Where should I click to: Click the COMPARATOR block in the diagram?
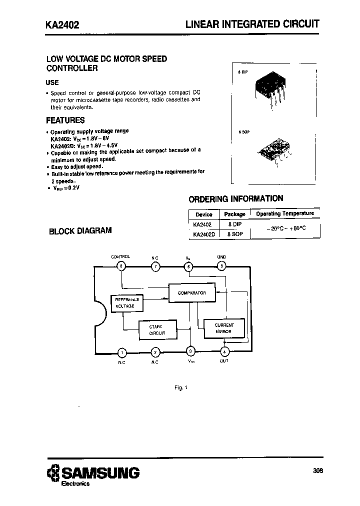coord(191,293)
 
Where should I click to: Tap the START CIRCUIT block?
coord(156,329)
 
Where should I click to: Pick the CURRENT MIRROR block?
coord(223,328)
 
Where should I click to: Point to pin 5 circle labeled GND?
coord(221,266)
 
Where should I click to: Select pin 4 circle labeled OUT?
coord(224,351)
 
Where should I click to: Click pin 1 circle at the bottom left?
coord(122,352)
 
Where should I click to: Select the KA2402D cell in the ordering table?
coord(203,233)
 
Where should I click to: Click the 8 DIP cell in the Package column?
coord(234,224)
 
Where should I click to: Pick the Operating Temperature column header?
coord(284,213)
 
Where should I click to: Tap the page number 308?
coord(317,470)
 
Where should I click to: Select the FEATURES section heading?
coord(65,120)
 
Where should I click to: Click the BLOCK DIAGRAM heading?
coord(80,231)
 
